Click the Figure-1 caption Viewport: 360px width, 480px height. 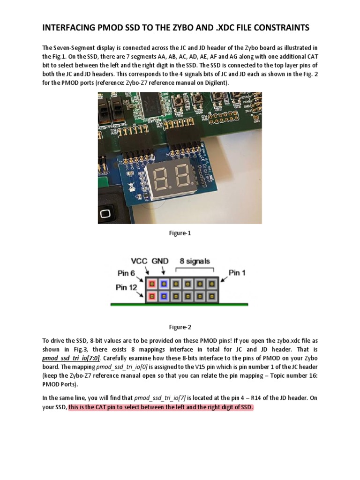[180, 233]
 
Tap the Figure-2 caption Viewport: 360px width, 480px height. [180, 327]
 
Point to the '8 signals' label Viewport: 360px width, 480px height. [195, 261]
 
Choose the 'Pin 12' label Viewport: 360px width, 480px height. [127, 287]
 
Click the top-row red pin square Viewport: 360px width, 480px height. [152, 284]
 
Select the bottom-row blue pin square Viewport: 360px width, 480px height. [163, 296]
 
